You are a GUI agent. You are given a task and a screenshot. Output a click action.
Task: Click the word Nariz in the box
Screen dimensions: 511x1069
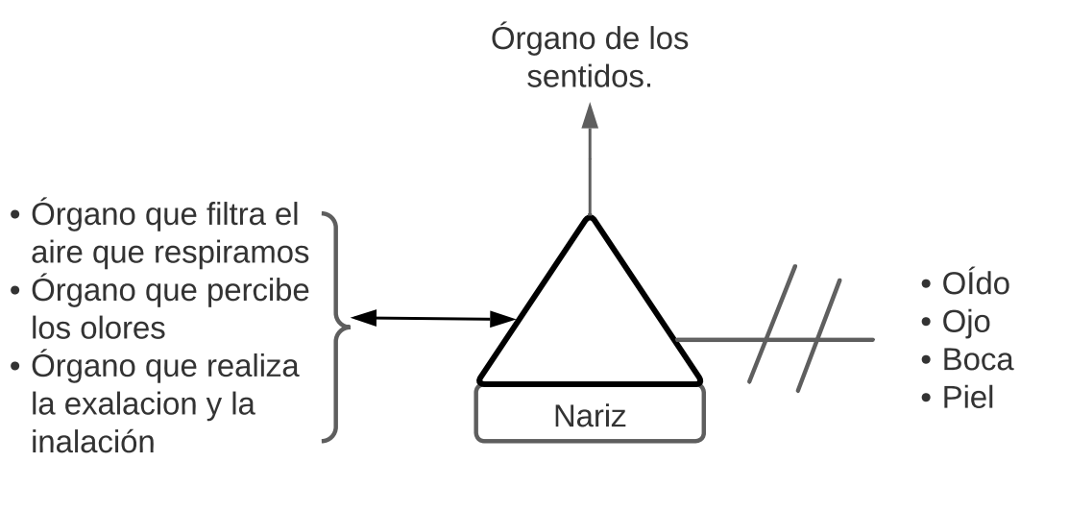tap(590, 417)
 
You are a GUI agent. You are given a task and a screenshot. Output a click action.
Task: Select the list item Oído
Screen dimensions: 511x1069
tap(976, 285)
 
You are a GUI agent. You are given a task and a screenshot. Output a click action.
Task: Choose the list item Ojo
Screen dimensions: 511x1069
tap(966, 322)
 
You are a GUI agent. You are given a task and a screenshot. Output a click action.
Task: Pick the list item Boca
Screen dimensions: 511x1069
tap(978, 359)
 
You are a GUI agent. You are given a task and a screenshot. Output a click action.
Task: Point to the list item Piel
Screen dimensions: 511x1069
tap(968, 396)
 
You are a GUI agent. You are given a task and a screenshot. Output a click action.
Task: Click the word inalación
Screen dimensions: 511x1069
tap(92, 441)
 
